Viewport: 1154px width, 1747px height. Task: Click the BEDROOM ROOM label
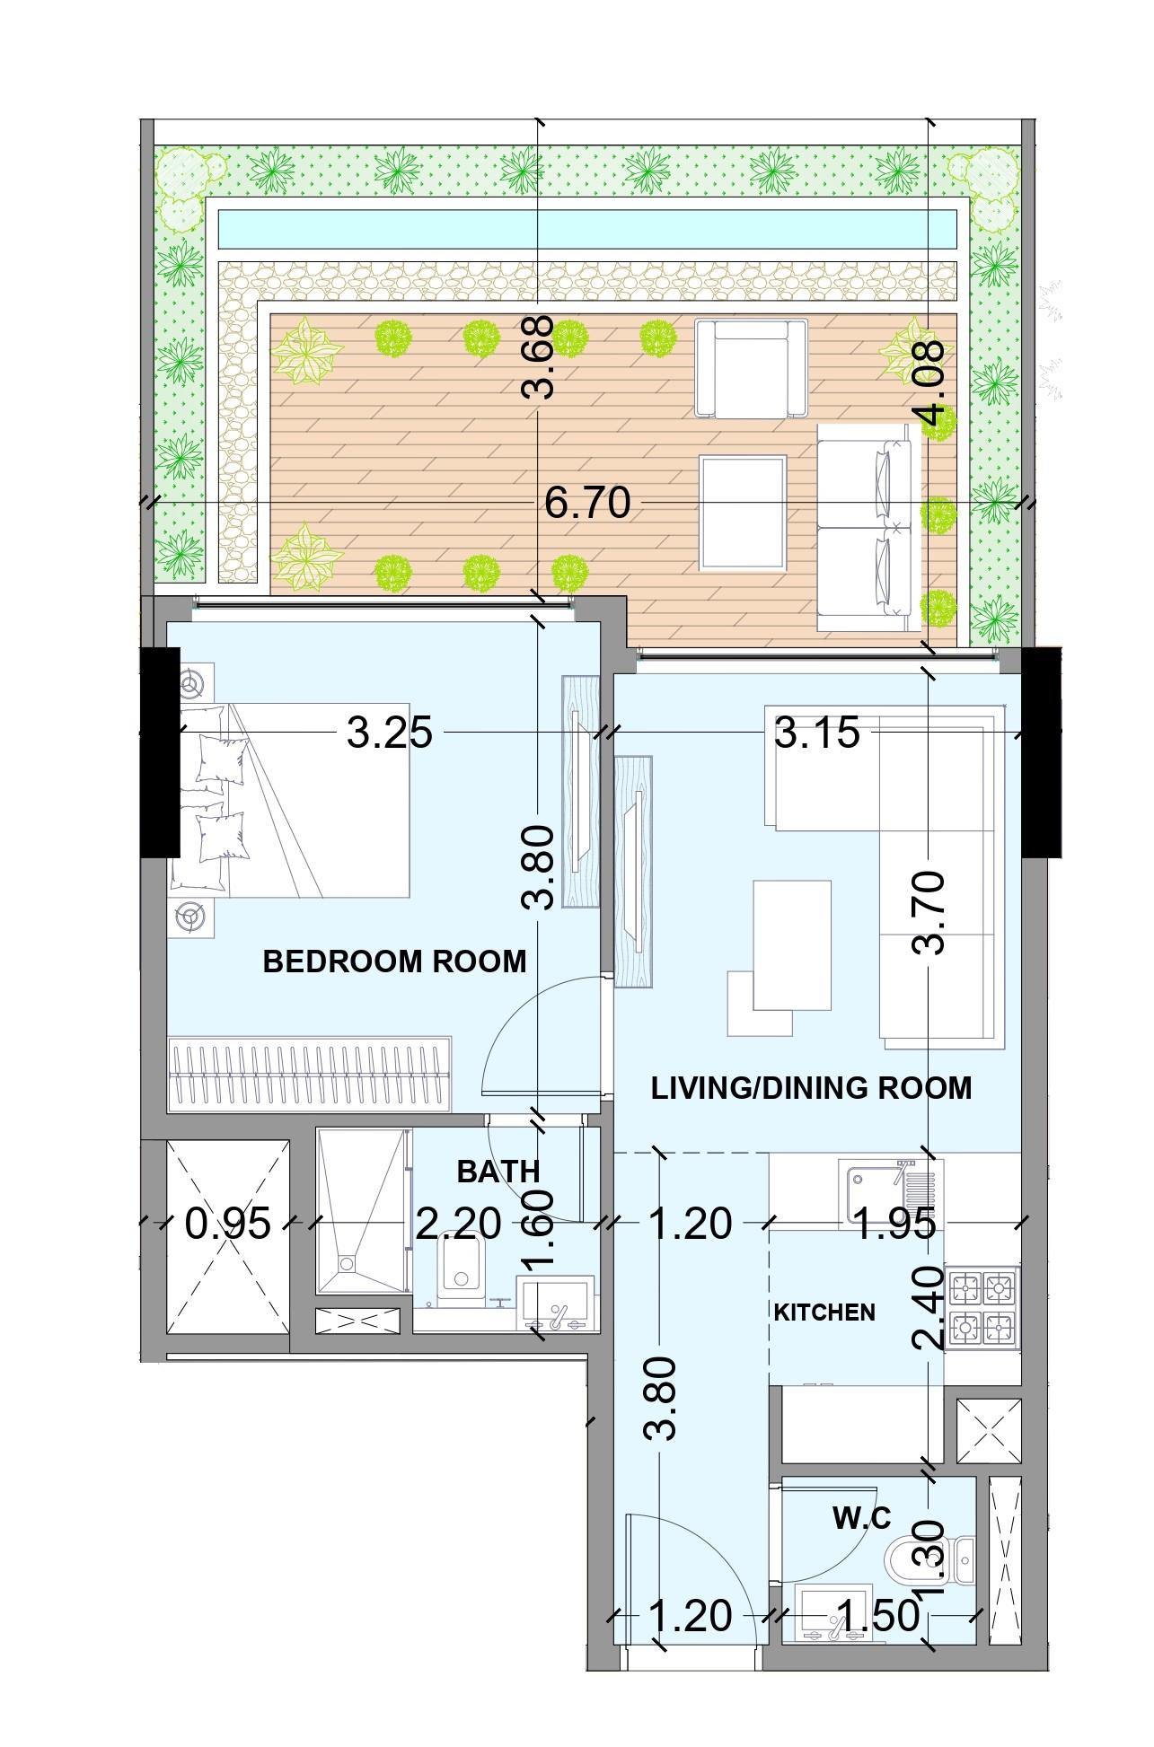pos(394,961)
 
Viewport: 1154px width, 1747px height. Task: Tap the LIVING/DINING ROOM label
pos(811,1088)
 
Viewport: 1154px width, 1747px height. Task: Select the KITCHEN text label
pos(824,1312)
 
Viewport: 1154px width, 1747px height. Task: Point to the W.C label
pos(861,1519)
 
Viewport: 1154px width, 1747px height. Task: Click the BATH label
pos(498,1172)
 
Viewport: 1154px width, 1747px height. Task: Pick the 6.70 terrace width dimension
pos(587,504)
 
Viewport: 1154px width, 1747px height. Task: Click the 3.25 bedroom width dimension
pos(389,733)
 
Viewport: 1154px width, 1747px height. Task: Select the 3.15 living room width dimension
pos(816,733)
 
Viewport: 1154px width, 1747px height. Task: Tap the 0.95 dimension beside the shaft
pos(227,1224)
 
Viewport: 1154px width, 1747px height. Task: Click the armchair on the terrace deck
pos(751,369)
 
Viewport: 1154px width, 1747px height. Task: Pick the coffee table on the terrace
pos(743,514)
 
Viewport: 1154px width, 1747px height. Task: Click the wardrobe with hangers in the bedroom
pos(309,1075)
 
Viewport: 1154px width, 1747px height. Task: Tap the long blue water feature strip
pos(587,230)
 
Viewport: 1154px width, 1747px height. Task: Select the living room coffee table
pos(791,945)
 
